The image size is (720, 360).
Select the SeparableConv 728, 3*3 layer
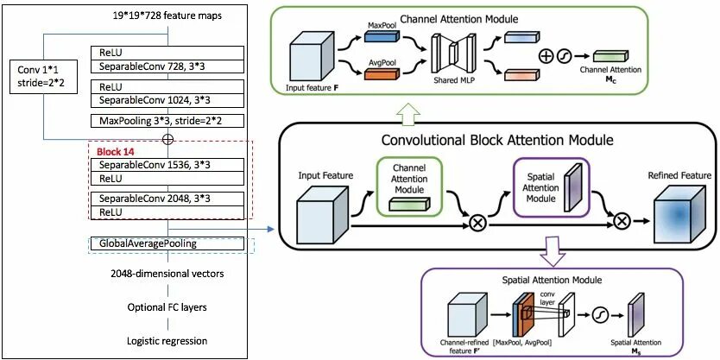(x=164, y=66)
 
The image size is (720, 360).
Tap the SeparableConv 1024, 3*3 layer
(x=164, y=100)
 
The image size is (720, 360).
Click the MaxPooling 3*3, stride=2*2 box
(x=164, y=121)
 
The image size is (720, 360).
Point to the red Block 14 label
(x=117, y=151)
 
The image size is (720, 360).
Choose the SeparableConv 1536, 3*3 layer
(x=164, y=165)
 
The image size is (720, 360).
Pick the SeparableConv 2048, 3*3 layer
(x=164, y=199)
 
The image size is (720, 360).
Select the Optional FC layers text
(x=165, y=307)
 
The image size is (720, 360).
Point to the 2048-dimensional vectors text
(x=165, y=275)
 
